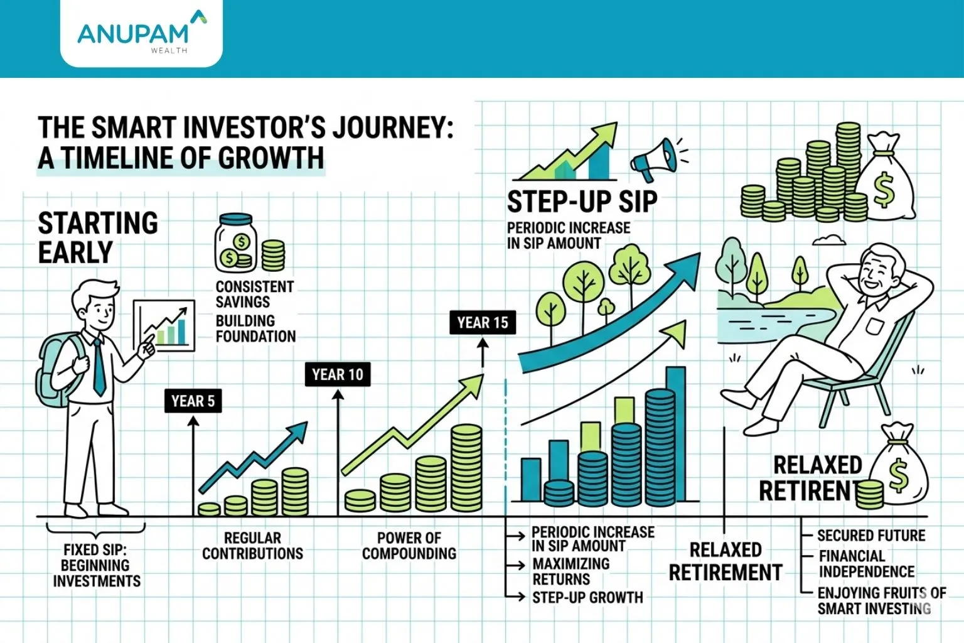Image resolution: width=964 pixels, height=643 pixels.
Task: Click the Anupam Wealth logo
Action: coord(141,34)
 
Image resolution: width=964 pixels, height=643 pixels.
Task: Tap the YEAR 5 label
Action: coord(193,401)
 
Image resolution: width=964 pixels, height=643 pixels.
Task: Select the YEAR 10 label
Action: coord(338,375)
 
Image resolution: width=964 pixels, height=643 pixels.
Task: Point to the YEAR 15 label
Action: coord(483,323)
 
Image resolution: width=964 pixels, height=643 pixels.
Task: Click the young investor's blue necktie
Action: coord(99,367)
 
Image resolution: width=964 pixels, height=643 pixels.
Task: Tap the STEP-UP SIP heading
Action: coord(582,202)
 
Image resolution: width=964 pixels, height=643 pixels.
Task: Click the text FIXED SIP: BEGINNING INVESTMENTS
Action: coord(97,566)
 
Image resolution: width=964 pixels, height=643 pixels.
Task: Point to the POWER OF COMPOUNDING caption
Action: coord(409,546)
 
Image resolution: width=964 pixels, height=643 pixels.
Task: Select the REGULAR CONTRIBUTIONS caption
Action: coord(252,546)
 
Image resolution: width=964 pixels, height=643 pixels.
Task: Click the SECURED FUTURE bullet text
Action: coord(871,536)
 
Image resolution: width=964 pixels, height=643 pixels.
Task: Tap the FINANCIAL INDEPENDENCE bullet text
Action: coord(866,564)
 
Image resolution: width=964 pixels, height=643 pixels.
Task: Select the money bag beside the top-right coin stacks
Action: coord(886,179)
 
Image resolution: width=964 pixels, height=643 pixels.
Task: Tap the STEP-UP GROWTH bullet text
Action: coord(587,598)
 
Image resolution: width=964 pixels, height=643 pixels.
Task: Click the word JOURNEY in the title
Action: coord(392,127)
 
